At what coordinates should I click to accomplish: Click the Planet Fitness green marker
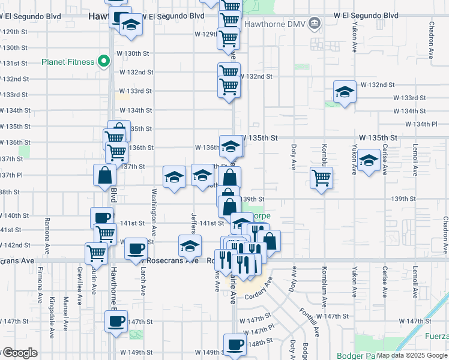coord(103,61)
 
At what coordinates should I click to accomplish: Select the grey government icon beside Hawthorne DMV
coord(314,24)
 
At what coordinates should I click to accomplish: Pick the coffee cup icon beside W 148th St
coord(235,344)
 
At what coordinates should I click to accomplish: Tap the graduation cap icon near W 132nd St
coord(345,92)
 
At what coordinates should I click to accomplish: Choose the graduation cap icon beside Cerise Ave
coord(369,160)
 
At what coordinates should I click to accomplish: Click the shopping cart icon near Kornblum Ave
coord(321,178)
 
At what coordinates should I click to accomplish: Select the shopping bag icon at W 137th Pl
coord(104,175)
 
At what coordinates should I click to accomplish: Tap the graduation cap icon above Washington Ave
coord(174,177)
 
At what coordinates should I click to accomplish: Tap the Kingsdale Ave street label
coord(52,310)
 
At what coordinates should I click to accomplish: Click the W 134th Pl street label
coord(421,124)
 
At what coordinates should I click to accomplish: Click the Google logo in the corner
coord(19,353)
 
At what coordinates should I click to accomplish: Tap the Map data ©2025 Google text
coord(411,355)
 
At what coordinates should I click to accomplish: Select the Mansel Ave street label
coord(66,307)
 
